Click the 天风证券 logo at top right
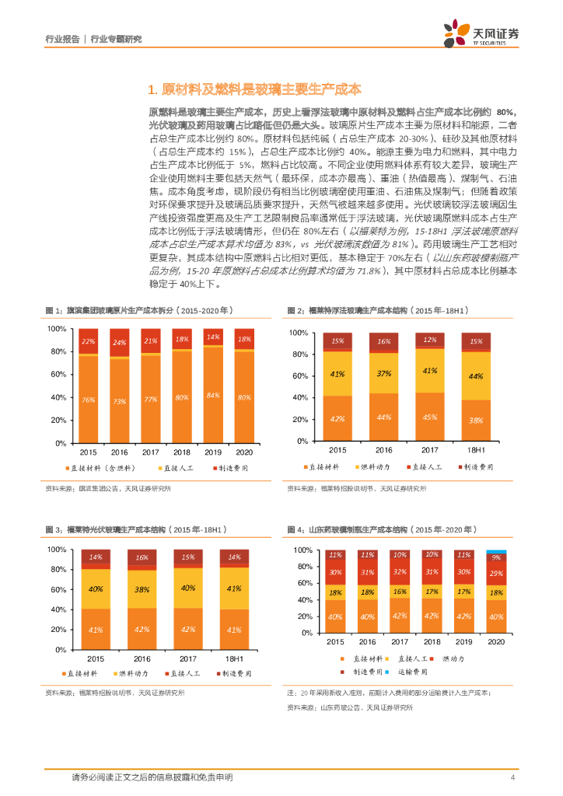pos(481,33)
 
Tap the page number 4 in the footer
pos(512,777)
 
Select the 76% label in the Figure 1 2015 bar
pos(88,400)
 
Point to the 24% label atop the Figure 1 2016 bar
pos(119,342)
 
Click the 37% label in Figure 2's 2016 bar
pos(384,373)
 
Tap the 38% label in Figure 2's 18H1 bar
pos(476,420)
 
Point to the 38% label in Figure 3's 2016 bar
pos(142,589)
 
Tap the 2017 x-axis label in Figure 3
pos(187,635)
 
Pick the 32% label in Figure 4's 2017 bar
pos(400,571)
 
